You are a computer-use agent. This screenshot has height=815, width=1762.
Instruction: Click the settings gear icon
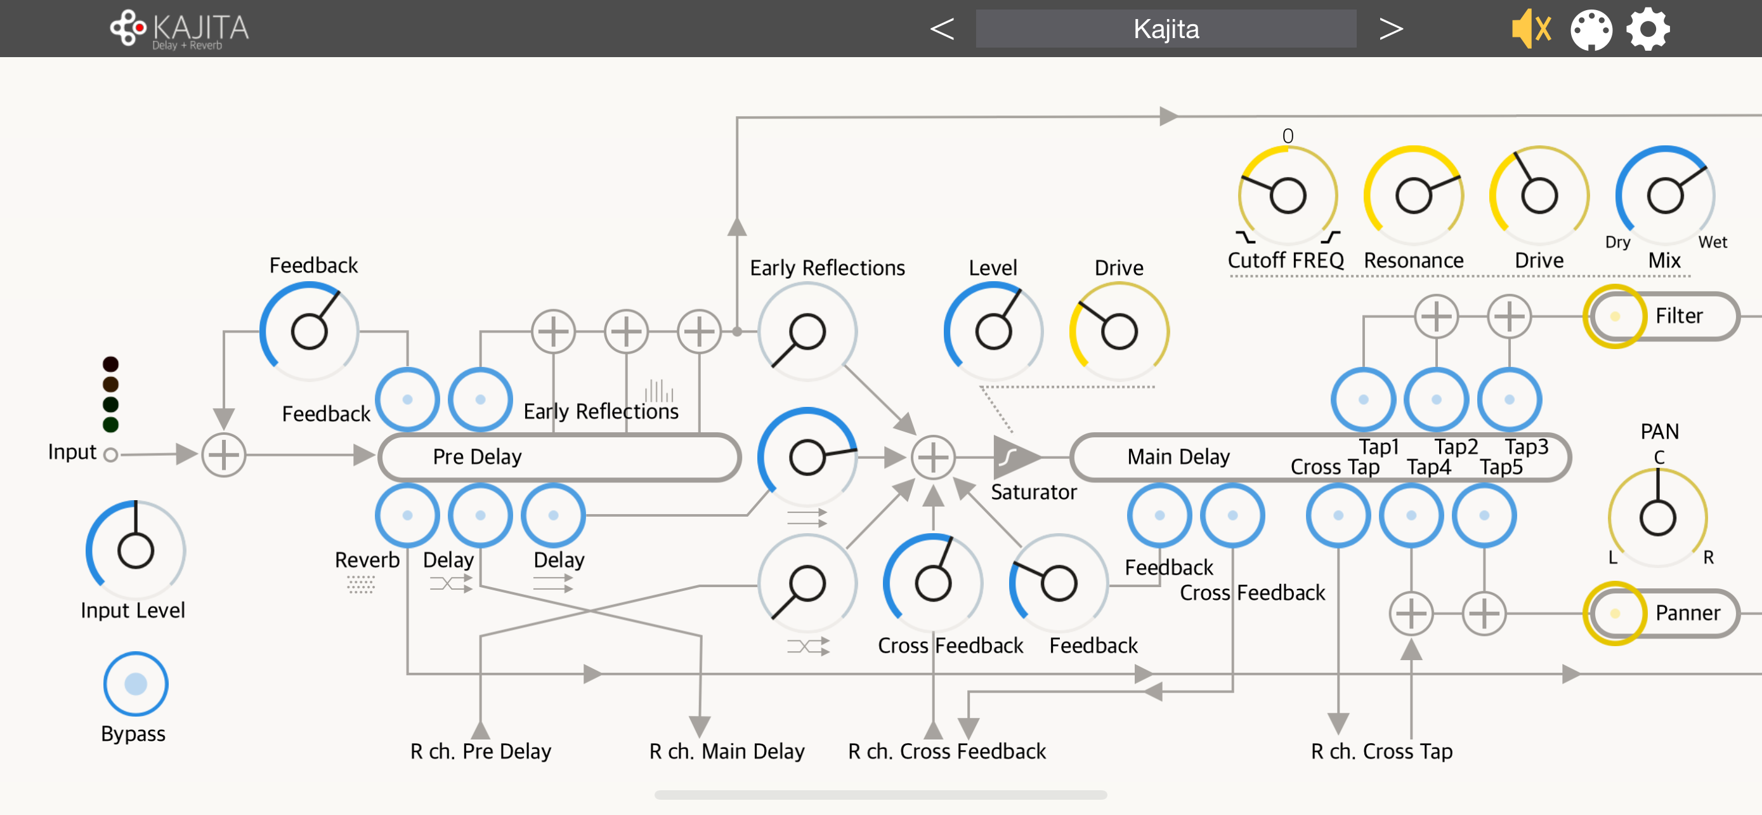1648,29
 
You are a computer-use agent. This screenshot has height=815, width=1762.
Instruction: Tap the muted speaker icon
1530,29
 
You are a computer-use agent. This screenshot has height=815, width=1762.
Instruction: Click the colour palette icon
1591,30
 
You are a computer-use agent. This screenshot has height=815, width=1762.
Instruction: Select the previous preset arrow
942,29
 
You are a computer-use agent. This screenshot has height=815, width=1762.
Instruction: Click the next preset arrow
1390,29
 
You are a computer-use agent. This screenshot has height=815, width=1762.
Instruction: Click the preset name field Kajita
1166,29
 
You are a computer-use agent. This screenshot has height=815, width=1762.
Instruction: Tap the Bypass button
136,684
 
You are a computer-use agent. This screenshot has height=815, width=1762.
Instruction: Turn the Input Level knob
136,550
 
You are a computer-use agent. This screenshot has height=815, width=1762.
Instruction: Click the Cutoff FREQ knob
1288,195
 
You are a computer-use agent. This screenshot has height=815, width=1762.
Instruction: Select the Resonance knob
1413,195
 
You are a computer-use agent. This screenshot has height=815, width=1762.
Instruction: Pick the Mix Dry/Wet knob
1664,195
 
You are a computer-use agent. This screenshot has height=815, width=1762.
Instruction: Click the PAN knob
1657,517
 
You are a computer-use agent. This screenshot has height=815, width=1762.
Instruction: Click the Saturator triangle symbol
1012,456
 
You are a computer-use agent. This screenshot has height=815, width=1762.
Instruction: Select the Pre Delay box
559,456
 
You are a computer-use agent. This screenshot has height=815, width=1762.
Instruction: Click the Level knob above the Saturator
993,332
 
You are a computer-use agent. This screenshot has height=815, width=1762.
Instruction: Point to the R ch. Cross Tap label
1381,752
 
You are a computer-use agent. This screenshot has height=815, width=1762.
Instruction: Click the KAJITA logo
180,29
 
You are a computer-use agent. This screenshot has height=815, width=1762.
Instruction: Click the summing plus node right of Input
224,454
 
